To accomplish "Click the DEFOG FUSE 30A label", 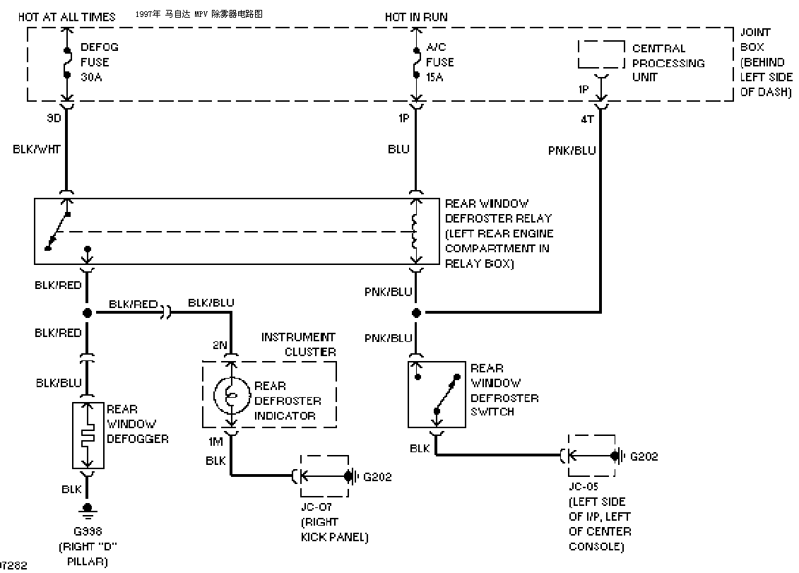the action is [100, 62].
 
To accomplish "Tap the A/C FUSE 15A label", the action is [439, 62].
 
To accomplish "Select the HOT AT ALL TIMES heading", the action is [66, 17].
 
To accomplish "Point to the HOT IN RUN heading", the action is [416, 17].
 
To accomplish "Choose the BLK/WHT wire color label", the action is [37, 149].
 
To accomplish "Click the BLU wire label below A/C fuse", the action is [398, 149].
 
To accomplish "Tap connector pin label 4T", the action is [588, 119].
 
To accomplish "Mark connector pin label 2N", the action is [220, 345].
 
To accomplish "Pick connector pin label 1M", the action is [215, 442].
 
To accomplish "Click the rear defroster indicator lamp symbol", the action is [231, 395].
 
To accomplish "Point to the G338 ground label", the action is [88, 532].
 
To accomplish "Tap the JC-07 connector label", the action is [316, 507].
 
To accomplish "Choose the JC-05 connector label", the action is [584, 487].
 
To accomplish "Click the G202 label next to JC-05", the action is [644, 456].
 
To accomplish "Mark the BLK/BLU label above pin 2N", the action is [211, 303].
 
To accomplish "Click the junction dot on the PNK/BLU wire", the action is [416, 312].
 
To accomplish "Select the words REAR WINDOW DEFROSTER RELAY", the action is [498, 211].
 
